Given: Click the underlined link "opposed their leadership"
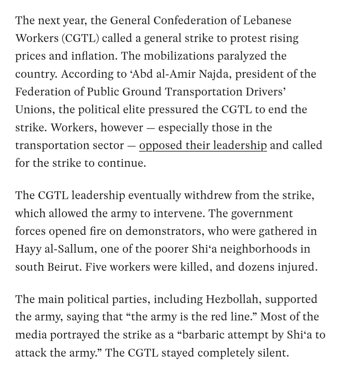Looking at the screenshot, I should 203,145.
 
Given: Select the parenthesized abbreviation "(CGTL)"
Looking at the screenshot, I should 81,38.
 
